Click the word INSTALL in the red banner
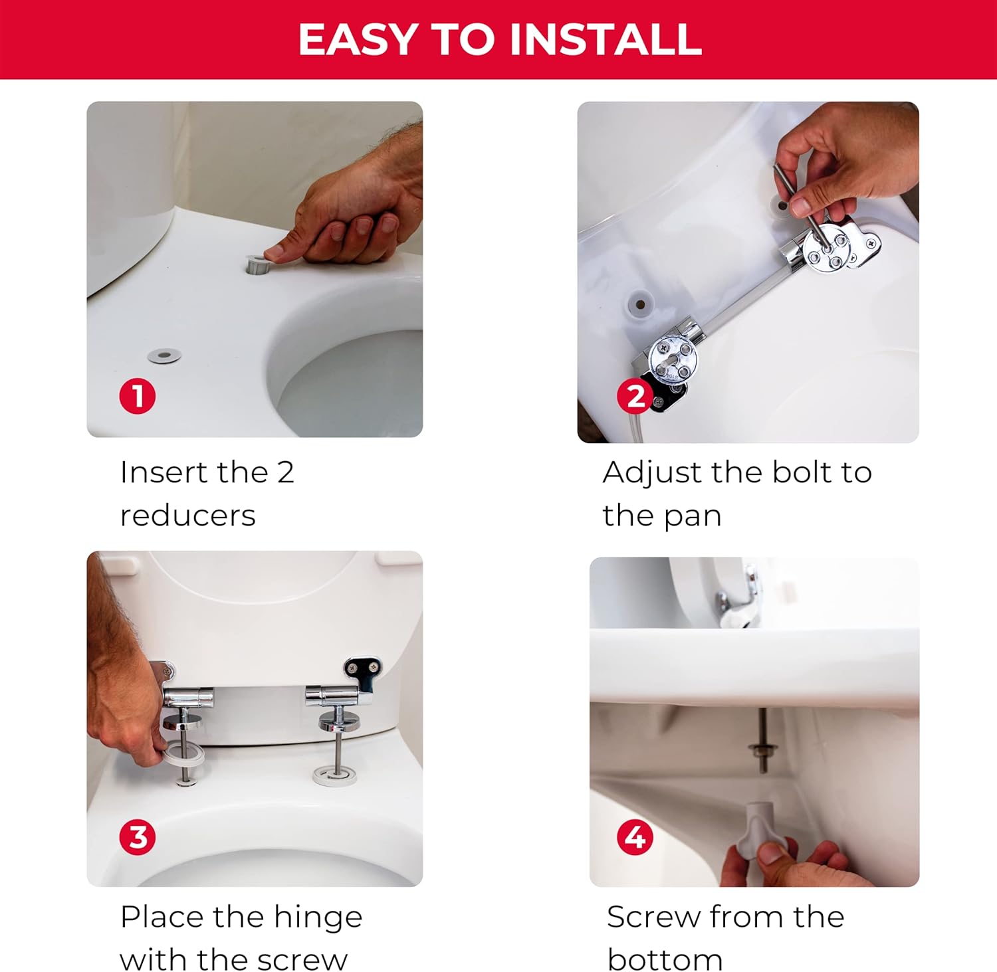(x=606, y=39)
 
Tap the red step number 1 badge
(x=138, y=396)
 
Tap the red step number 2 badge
(x=635, y=396)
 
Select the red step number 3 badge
(x=138, y=837)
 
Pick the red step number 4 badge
(x=635, y=837)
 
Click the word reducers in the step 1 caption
(x=188, y=516)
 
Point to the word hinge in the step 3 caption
(x=318, y=918)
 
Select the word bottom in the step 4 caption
(x=665, y=960)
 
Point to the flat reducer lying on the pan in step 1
(x=164, y=356)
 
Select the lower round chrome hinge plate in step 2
(x=673, y=359)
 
